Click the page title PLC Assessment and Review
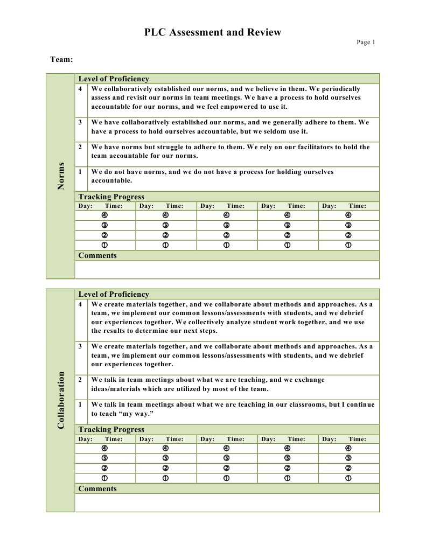tap(212, 32)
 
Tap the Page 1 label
tap(366, 43)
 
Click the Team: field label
tap(61, 59)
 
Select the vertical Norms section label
tap(61, 176)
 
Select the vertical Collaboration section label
tap(61, 400)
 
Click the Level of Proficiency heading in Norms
tap(114, 79)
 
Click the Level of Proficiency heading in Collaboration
tap(114, 294)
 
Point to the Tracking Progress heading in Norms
tap(111, 197)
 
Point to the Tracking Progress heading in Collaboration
tap(111, 429)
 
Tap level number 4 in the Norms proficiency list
tap(80, 89)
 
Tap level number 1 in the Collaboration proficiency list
tap(80, 404)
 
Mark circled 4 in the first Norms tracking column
tap(104, 215)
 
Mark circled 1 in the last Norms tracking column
tap(348, 245)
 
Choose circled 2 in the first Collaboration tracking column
tap(104, 468)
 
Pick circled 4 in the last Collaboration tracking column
tap(348, 448)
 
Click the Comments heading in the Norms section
tap(97, 255)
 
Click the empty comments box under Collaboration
tap(227, 503)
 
